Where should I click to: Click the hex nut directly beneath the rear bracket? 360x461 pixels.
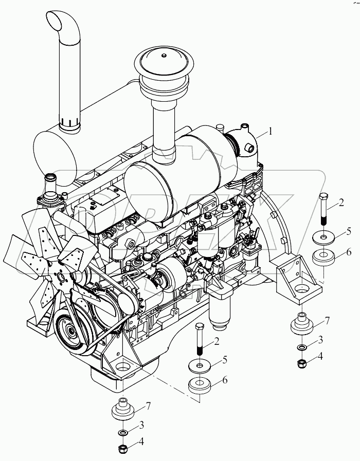[x=302, y=364]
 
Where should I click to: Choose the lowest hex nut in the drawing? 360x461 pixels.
[x=124, y=448]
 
